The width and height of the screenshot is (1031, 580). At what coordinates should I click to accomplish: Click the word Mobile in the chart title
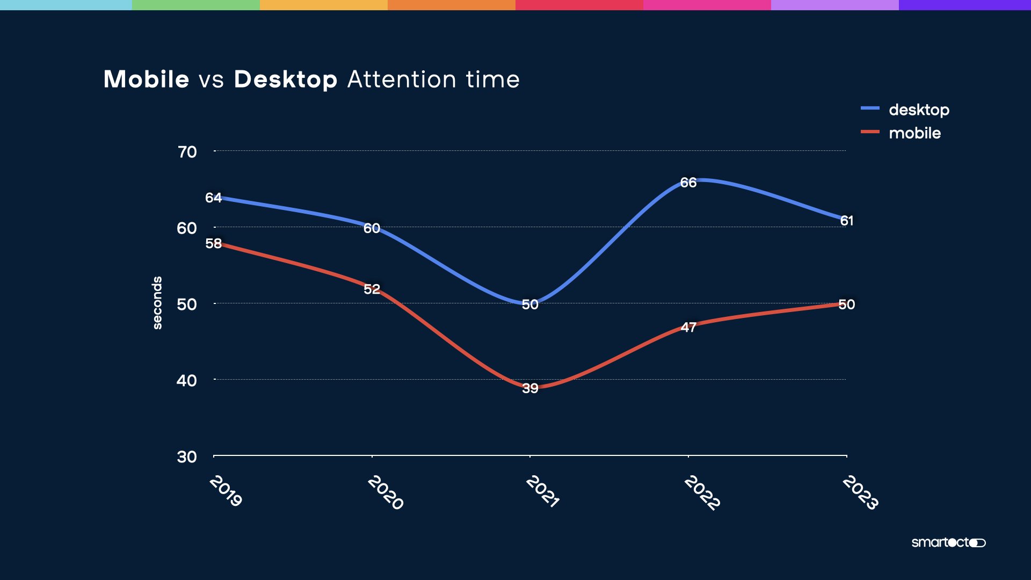pyautogui.click(x=146, y=79)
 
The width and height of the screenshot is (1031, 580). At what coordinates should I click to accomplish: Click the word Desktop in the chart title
pyautogui.click(x=285, y=79)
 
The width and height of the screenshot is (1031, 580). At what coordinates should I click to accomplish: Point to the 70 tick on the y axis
pyautogui.click(x=187, y=152)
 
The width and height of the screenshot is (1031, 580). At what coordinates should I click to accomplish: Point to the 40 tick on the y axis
pyautogui.click(x=187, y=381)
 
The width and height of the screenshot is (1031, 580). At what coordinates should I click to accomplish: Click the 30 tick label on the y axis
pyautogui.click(x=187, y=457)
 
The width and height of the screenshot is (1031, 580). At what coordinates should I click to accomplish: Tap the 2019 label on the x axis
pyautogui.click(x=226, y=490)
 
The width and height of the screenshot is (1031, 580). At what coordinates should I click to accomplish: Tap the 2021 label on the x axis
pyautogui.click(x=542, y=491)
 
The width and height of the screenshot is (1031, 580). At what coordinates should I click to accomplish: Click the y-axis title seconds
pyautogui.click(x=157, y=303)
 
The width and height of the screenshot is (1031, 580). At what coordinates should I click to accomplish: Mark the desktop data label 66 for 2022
pyautogui.click(x=688, y=183)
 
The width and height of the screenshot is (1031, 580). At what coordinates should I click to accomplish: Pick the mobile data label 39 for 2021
pyautogui.click(x=530, y=388)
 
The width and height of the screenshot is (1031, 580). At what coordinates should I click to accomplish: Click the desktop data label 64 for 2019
pyautogui.click(x=213, y=198)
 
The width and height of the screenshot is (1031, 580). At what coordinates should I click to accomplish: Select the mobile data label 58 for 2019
pyautogui.click(x=213, y=243)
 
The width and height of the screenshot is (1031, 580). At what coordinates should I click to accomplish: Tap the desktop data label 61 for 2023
pyautogui.click(x=847, y=221)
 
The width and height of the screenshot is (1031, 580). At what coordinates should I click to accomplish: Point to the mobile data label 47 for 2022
pyautogui.click(x=688, y=327)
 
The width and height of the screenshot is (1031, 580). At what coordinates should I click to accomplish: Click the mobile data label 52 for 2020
pyautogui.click(x=372, y=289)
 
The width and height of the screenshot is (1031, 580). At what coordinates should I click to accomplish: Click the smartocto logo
pyautogui.click(x=948, y=542)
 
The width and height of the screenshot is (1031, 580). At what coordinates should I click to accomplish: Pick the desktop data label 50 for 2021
pyautogui.click(x=530, y=305)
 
